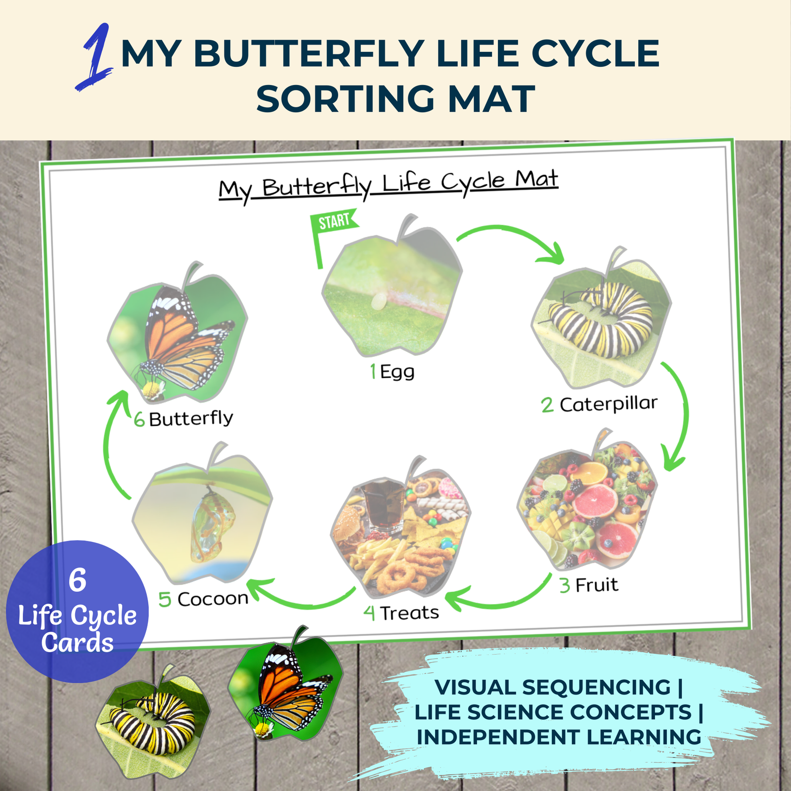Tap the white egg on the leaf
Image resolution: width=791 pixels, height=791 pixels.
click(379, 301)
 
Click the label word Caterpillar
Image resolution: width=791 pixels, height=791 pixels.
click(609, 404)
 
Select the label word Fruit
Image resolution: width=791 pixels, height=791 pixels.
click(597, 585)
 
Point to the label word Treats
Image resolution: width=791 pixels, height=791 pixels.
click(409, 613)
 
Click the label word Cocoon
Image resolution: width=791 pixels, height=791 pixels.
click(213, 599)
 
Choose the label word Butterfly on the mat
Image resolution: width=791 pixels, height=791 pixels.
click(191, 419)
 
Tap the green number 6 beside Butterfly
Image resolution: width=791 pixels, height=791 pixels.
click(139, 420)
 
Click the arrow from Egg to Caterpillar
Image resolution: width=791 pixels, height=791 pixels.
click(509, 229)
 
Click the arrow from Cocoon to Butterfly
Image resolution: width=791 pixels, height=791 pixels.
click(107, 445)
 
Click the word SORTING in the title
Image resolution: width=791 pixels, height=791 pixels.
click(345, 98)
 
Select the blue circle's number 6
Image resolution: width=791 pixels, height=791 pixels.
click(77, 579)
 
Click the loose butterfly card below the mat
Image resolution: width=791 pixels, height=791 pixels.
click(286, 682)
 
